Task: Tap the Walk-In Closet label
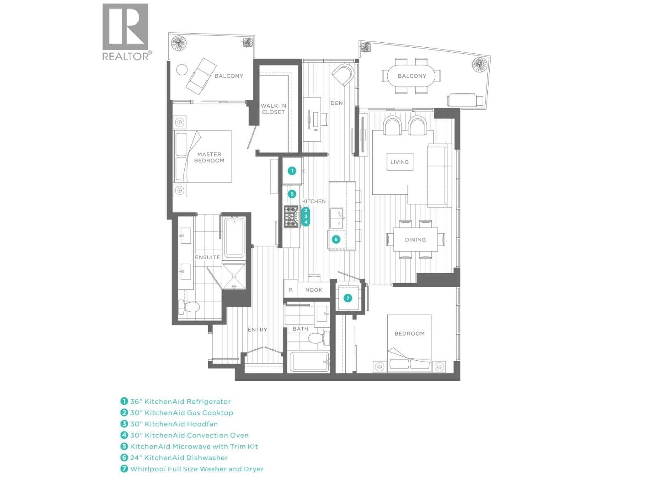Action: click(x=273, y=109)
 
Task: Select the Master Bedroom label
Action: click(x=209, y=157)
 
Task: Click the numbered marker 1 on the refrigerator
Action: click(x=292, y=171)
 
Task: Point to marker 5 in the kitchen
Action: click(x=292, y=194)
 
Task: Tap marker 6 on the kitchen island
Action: click(x=336, y=240)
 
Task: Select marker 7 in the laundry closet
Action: click(x=348, y=298)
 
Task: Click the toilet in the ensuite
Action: click(x=189, y=306)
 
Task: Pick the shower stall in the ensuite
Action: click(x=234, y=276)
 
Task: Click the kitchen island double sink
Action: click(x=337, y=219)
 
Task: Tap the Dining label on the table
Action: click(x=415, y=240)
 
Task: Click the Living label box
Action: click(x=400, y=162)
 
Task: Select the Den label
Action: click(x=337, y=103)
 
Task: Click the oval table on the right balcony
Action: click(x=411, y=76)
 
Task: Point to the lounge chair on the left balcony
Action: click(x=201, y=76)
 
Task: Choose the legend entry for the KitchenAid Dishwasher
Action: click(x=174, y=458)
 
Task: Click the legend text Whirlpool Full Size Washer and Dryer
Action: click(x=197, y=469)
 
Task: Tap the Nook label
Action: click(x=313, y=290)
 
